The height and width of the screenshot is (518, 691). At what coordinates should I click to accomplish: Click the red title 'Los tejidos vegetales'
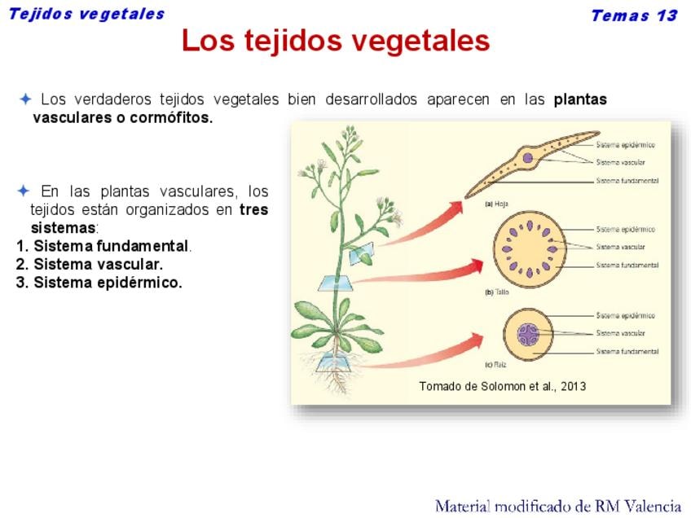click(336, 41)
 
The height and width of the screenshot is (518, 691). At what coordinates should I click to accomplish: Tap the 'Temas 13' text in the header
click(634, 15)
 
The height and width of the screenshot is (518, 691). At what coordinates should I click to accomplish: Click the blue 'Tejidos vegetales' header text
click(86, 14)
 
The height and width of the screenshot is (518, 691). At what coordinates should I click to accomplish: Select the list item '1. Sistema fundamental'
click(103, 246)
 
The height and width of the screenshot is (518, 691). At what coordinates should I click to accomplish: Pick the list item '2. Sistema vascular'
click(90, 264)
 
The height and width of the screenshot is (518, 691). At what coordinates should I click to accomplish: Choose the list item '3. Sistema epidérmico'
click(99, 283)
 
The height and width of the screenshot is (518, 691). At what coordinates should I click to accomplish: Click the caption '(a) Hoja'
click(497, 204)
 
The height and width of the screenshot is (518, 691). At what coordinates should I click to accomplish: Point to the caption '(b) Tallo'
click(497, 292)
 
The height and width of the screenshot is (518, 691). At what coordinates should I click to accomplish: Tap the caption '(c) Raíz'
click(495, 365)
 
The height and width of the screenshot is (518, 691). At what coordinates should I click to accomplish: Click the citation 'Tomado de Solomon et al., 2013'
click(503, 386)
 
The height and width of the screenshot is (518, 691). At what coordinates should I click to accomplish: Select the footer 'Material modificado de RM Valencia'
click(558, 506)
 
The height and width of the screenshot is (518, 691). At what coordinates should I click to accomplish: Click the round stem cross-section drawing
click(530, 250)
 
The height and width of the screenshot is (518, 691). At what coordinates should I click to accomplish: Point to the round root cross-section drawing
click(528, 335)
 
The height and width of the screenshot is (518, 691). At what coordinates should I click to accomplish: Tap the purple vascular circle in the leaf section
click(527, 158)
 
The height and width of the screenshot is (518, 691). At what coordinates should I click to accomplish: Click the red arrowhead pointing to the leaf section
click(455, 208)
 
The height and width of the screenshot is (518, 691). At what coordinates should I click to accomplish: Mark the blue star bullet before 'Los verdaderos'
click(25, 99)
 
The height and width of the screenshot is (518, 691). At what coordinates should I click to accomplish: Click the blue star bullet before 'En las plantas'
click(24, 191)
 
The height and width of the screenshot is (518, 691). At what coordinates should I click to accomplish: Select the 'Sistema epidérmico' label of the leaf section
click(625, 145)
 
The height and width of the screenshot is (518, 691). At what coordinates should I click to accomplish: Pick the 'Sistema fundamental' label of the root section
click(627, 352)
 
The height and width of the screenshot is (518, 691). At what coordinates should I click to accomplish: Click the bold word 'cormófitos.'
click(171, 117)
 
